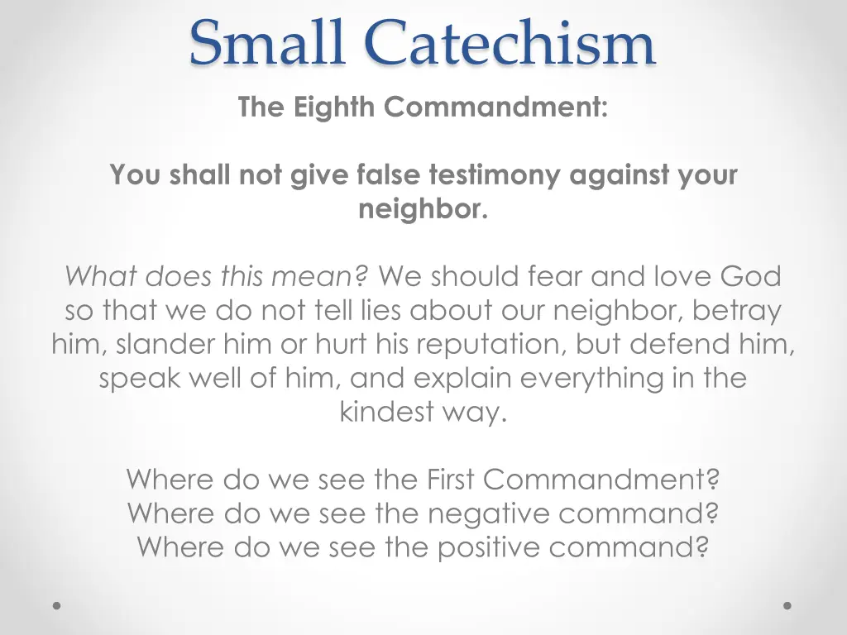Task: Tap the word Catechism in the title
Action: tap(510, 43)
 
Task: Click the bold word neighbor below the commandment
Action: tap(422, 209)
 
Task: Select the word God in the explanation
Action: tap(750, 276)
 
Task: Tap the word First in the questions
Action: tap(452, 479)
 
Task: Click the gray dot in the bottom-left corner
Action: tap(57, 605)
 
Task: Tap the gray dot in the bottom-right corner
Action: tap(787, 605)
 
